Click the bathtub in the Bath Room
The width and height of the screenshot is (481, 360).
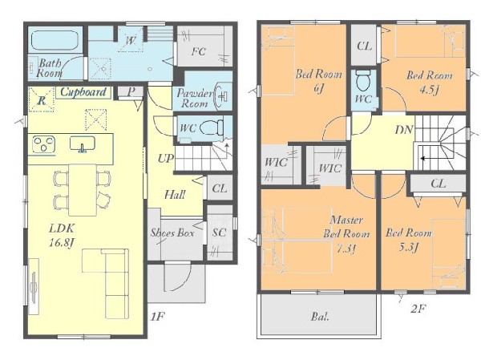[55, 40]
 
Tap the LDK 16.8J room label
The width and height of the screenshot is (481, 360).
[62, 236]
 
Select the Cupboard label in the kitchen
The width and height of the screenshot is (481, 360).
[83, 91]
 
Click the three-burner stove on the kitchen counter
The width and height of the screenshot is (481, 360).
[44, 144]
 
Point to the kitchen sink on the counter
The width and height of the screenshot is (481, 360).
[83, 144]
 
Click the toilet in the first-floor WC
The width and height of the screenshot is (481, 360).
[212, 127]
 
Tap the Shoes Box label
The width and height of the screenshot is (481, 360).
[172, 233]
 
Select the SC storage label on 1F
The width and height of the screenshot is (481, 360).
[219, 233]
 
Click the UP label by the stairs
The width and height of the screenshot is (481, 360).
[166, 159]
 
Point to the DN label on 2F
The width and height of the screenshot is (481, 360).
[404, 130]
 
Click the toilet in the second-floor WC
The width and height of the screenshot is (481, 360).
[364, 80]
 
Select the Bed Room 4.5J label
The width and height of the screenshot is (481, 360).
[430, 83]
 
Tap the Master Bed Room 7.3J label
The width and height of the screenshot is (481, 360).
[346, 233]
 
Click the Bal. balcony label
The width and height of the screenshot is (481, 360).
[320, 316]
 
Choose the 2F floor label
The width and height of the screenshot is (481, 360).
[418, 308]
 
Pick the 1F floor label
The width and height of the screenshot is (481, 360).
[157, 316]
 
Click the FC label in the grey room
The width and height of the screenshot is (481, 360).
[199, 51]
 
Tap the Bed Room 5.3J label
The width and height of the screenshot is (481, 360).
[408, 240]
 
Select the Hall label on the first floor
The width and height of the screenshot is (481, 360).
[175, 194]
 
